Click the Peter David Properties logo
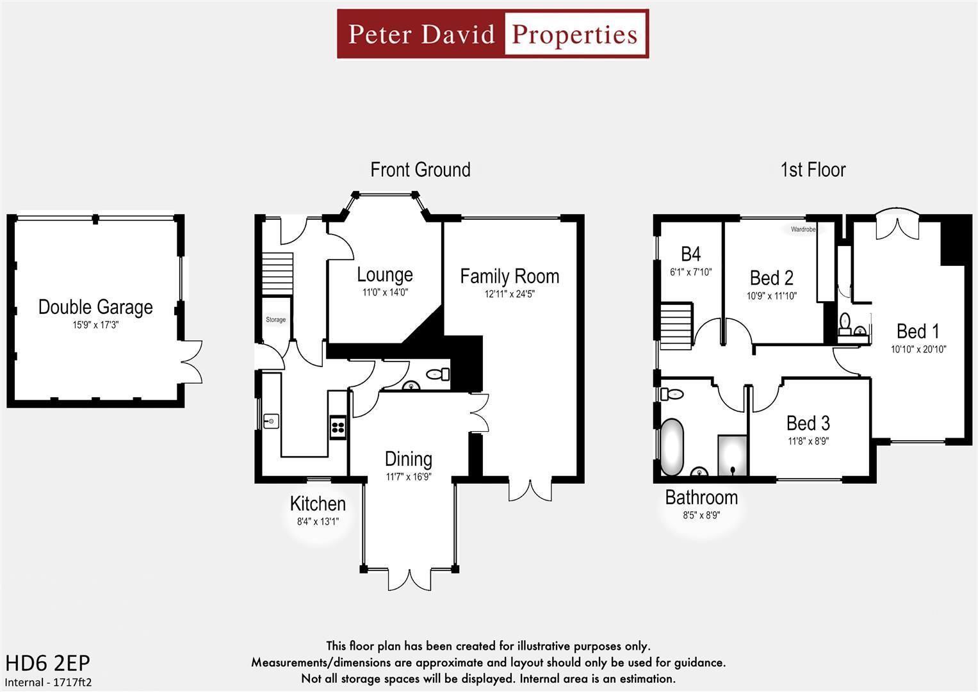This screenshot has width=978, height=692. pyautogui.click(x=493, y=34)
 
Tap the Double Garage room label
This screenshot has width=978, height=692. pyautogui.click(x=95, y=307)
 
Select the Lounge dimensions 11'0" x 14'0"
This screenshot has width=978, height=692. pyautogui.click(x=384, y=292)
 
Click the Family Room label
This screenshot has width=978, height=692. pyautogui.click(x=509, y=276)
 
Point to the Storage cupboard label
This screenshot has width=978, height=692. pyautogui.click(x=276, y=320)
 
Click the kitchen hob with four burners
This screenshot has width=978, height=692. pyautogui.click(x=338, y=426)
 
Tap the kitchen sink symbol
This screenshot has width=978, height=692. pyautogui.click(x=272, y=421)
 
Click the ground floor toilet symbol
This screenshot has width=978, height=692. pyautogui.click(x=437, y=373)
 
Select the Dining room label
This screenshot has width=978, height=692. pyautogui.click(x=408, y=459)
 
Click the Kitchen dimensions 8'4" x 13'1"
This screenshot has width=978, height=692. pyautogui.click(x=318, y=522)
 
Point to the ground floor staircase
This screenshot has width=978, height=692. pyautogui.click(x=277, y=274)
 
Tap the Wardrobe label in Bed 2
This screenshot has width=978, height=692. pyautogui.click(x=803, y=229)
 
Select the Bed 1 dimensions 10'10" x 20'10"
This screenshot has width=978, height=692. pyautogui.click(x=918, y=349)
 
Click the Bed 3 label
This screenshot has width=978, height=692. pyautogui.click(x=808, y=423)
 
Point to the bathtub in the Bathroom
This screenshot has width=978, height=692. pyautogui.click(x=672, y=447)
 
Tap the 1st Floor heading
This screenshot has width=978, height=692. pyautogui.click(x=813, y=170)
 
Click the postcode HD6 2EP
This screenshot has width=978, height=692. pyautogui.click(x=48, y=663)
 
